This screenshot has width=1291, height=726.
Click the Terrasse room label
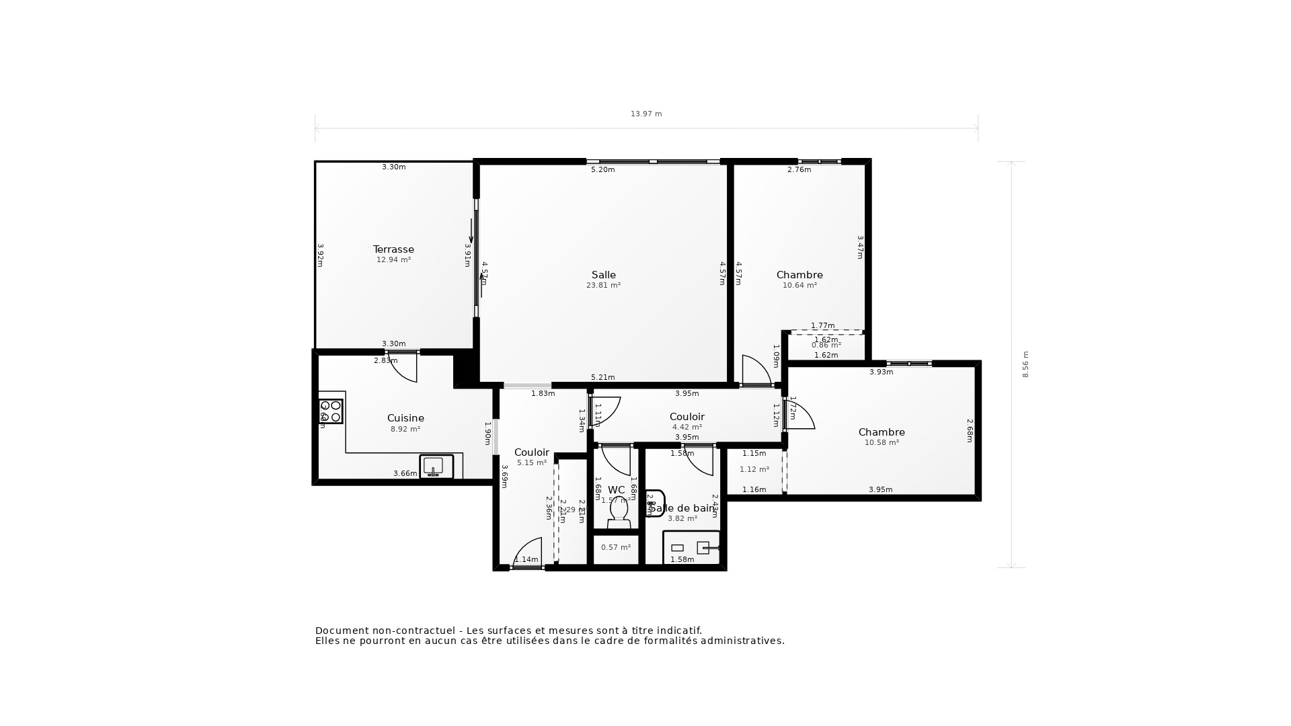pos(393,249)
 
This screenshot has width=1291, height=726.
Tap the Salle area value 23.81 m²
pos(603,286)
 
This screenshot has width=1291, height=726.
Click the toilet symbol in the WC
pos(618,513)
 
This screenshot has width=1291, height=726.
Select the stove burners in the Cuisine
pos(330,411)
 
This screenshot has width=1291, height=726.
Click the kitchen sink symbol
pos(434,466)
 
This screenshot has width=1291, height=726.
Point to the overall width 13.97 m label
pos(646,114)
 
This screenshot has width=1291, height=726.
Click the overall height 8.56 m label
pos(1025,364)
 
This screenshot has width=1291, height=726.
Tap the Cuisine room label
pos(405,418)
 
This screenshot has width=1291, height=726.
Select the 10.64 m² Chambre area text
pos(799,286)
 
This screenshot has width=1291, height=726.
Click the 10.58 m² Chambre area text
pos(882,443)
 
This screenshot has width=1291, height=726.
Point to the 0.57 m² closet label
pos(616,548)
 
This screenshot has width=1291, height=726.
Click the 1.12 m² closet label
pos(754,470)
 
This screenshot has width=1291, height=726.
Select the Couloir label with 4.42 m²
pos(687,417)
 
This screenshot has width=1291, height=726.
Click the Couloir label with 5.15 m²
pos(532,452)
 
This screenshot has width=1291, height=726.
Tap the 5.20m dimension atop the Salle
pos(602,170)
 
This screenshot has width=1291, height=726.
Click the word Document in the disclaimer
pos(342,631)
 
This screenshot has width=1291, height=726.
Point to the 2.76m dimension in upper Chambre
pos(799,170)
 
